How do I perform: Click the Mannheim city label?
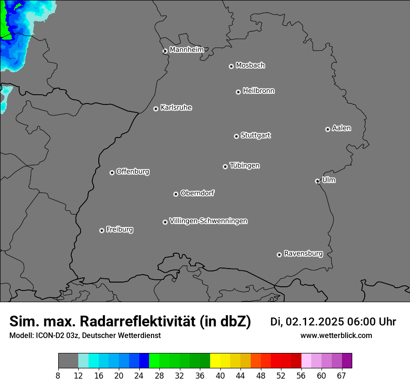[x=186, y=50]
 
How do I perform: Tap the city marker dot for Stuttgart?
[x=236, y=136]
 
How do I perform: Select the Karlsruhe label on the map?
[x=176, y=108]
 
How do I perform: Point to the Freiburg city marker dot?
[x=102, y=230]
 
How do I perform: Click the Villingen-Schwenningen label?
[x=208, y=221]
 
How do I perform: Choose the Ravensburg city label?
[x=303, y=254]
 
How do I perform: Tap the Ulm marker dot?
[x=317, y=181]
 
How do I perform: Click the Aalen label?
[x=342, y=128]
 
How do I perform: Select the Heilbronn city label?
[x=259, y=91]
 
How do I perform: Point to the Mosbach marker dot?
[x=231, y=66]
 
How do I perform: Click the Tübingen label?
[x=245, y=166]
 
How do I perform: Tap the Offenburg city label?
[x=133, y=172]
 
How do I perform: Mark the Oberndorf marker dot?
[x=176, y=194]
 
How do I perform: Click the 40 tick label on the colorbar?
[x=220, y=376]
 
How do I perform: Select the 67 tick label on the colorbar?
[x=342, y=376]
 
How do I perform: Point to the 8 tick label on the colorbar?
[x=58, y=376]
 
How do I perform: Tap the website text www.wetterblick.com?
[x=336, y=336]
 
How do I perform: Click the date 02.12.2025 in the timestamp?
[x=314, y=322]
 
